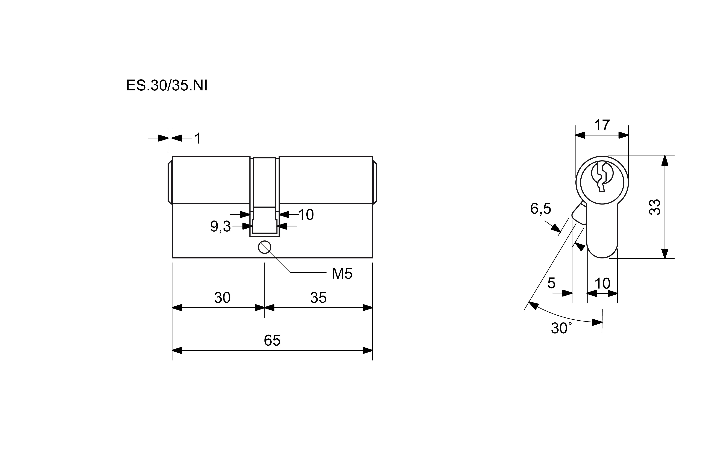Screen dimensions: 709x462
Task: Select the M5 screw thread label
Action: coord(342,274)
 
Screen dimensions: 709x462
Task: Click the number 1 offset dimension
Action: coord(198,138)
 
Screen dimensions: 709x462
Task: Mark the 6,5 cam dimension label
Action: coord(541,209)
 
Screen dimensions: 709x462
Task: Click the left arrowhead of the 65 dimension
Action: coord(177,350)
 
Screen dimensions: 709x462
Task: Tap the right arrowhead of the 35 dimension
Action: coord(368,307)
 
